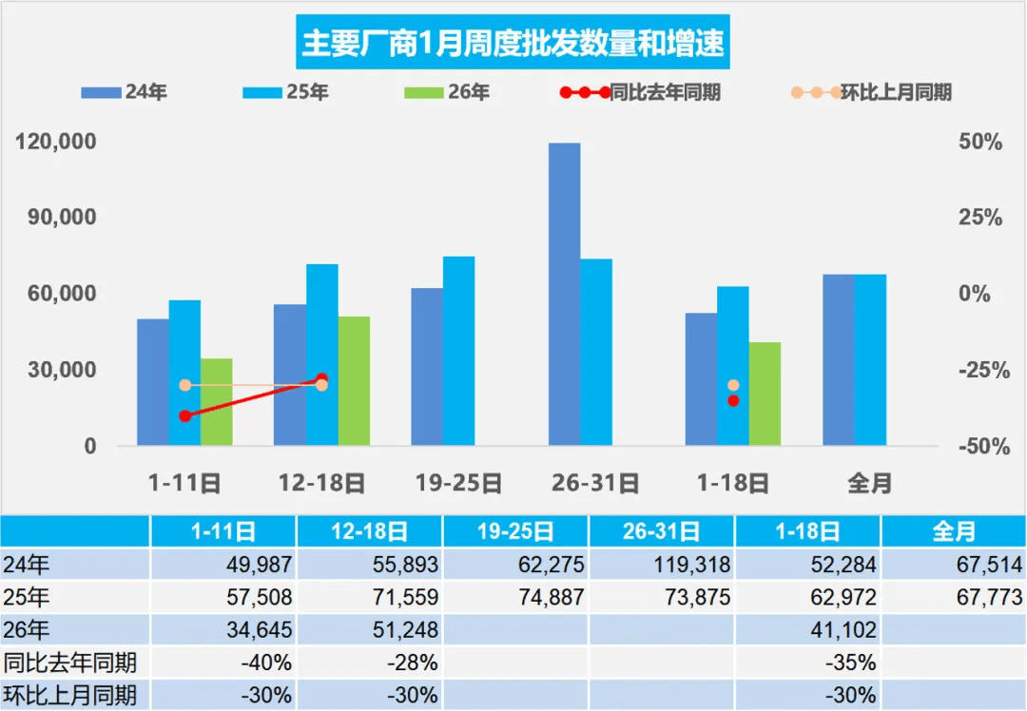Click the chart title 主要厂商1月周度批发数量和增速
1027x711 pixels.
[513, 43]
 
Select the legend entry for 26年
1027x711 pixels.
[447, 92]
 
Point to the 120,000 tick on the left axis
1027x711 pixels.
[57, 142]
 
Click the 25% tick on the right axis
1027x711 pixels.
[979, 218]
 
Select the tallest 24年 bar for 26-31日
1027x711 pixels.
[564, 295]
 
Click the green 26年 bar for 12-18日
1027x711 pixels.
[354, 380]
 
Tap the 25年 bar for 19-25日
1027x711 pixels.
[458, 351]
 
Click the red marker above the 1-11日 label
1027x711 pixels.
[185, 415]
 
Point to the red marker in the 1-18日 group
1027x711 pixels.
[733, 400]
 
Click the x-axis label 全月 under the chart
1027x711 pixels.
[869, 483]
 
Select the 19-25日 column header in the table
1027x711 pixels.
[515, 531]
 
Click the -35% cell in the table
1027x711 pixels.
[808, 663]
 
